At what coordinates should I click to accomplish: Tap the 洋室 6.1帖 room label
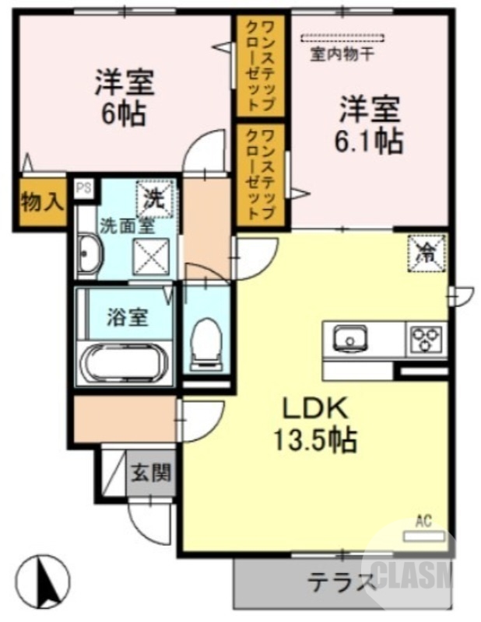(369, 125)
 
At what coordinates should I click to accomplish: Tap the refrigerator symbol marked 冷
(427, 250)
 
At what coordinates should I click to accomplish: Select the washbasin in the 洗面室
(89, 254)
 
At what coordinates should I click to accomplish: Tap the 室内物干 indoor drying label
(342, 54)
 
